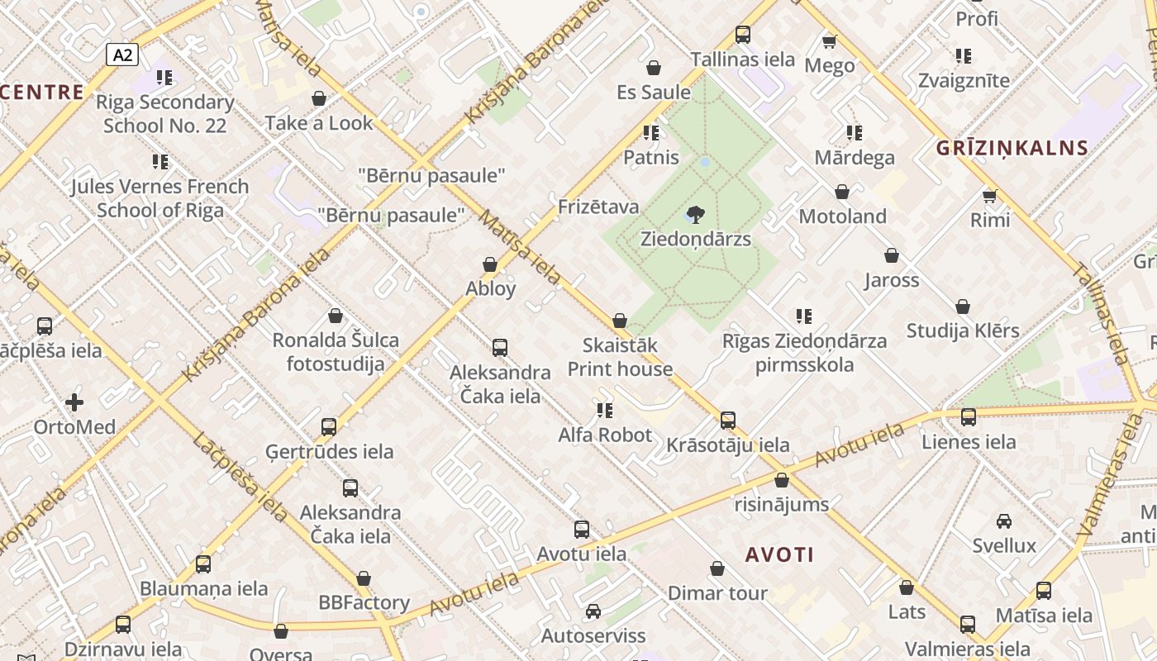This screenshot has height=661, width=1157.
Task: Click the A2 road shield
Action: click(x=122, y=55)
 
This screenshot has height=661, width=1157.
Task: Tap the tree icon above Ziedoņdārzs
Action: click(x=696, y=215)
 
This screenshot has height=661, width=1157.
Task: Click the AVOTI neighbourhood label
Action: click(x=780, y=554)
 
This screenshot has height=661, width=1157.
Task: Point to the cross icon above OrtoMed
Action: click(x=74, y=402)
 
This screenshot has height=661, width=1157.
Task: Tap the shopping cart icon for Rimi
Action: click(x=990, y=196)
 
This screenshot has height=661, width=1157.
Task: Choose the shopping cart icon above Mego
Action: click(x=830, y=40)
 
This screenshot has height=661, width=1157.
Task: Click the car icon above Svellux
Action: click(x=1004, y=521)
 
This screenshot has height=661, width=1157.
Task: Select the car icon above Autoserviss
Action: click(x=593, y=611)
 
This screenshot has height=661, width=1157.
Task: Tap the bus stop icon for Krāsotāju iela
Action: click(x=728, y=421)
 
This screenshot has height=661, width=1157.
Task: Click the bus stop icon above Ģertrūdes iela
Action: click(x=329, y=427)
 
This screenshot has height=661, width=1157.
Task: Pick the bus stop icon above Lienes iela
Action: click(x=969, y=417)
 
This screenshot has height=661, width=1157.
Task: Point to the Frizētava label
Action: click(x=598, y=207)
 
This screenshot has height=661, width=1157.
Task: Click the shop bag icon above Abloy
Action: click(x=490, y=264)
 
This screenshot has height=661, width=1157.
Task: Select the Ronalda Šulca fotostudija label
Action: click(x=336, y=352)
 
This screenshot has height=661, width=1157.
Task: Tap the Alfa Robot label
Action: click(x=605, y=435)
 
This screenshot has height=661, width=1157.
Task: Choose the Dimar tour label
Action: click(x=717, y=593)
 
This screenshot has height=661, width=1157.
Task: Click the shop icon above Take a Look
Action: click(x=319, y=99)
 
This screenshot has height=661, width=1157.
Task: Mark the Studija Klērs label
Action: click(x=963, y=330)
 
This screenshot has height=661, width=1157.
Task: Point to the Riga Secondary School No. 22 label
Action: click(x=165, y=114)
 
